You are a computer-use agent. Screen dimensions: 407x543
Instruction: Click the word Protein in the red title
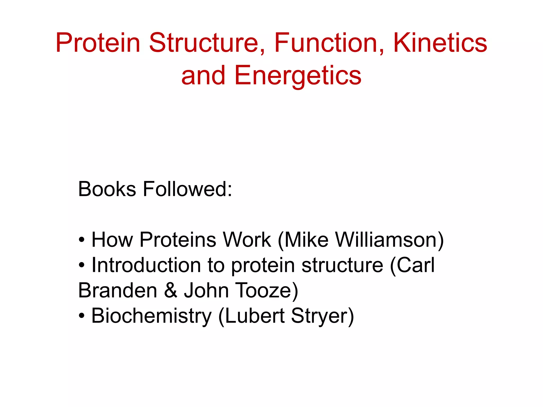click(x=98, y=43)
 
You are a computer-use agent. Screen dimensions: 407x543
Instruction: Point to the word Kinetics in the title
click(x=440, y=43)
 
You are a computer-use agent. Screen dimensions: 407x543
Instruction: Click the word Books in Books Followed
click(x=107, y=189)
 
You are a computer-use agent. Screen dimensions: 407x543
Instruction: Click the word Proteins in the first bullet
click(x=178, y=240)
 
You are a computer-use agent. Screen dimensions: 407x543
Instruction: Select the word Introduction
click(x=146, y=265)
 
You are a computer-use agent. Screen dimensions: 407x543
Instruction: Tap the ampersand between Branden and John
click(x=170, y=290)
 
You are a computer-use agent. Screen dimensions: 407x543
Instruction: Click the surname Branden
click(x=118, y=290)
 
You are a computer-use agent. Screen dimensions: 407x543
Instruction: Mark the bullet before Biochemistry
click(x=82, y=316)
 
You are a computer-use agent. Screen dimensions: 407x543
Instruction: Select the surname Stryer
click(x=322, y=316)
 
